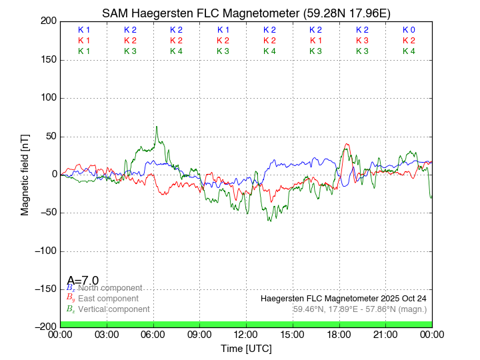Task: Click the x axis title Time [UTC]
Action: pos(246,349)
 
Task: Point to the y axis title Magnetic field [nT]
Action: pos(25,173)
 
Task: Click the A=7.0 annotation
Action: pos(83,281)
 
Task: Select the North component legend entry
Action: pos(103,288)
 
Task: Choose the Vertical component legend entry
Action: pos(108,309)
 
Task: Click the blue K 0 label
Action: pos(409,30)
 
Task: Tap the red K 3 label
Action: pos(362,41)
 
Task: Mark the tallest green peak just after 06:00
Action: pos(157,127)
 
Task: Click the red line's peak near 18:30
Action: pos(347,144)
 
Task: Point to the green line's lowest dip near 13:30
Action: pos(270,221)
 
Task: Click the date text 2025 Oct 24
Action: pos(400,299)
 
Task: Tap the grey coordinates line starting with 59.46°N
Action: pos(359,309)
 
